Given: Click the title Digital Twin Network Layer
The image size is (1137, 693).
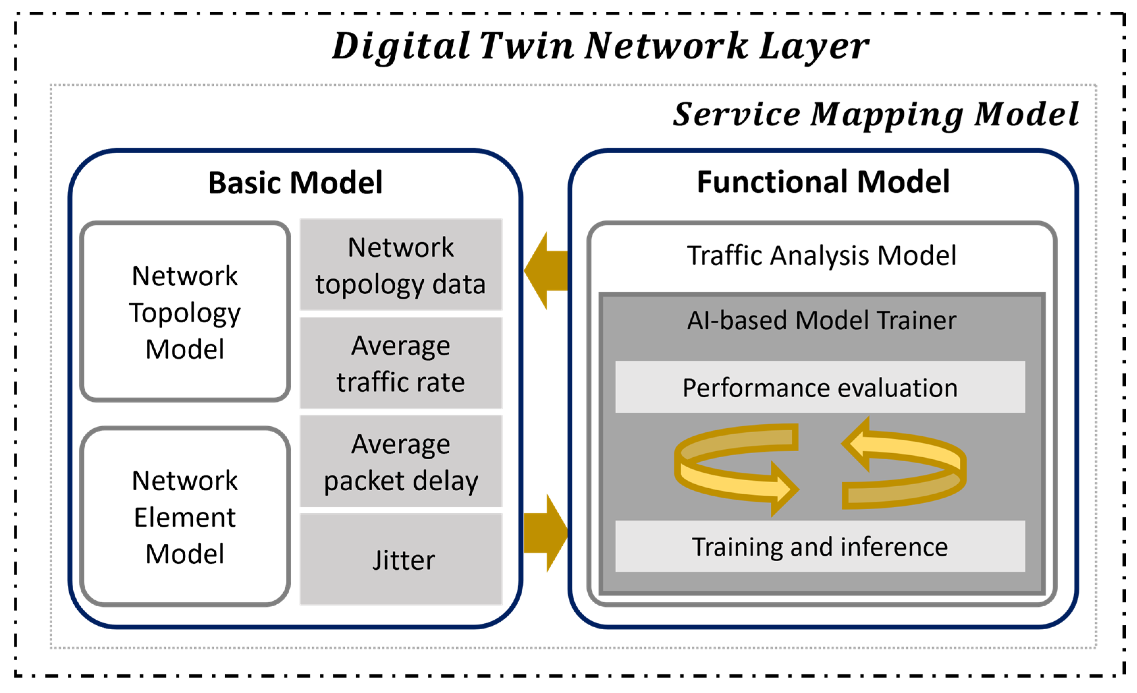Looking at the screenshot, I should pyautogui.click(x=600, y=46).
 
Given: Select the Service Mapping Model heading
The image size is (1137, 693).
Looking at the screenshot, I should pyautogui.click(x=875, y=114).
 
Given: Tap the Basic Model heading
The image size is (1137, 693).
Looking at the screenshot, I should pyautogui.click(x=295, y=182).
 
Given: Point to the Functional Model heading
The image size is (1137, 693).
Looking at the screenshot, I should pyautogui.click(x=823, y=182).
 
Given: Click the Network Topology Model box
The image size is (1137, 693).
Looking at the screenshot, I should pyautogui.click(x=185, y=312).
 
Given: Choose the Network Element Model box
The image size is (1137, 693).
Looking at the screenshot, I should pyautogui.click(x=185, y=516).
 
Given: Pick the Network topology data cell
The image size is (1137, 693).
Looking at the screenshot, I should pyautogui.click(x=400, y=265).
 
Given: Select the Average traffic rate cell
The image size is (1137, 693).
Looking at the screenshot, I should pyautogui.click(x=400, y=363).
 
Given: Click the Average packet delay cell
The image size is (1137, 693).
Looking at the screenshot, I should pyautogui.click(x=400, y=462).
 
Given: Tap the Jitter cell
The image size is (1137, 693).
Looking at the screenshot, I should pyautogui.click(x=400, y=560).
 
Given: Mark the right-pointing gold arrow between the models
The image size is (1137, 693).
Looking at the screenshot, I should pyautogui.click(x=546, y=533).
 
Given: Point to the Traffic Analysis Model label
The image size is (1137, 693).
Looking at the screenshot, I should pyautogui.click(x=821, y=256).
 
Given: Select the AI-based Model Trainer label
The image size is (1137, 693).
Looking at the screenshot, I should pyautogui.click(x=821, y=320).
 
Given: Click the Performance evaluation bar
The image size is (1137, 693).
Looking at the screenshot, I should pyautogui.click(x=820, y=387).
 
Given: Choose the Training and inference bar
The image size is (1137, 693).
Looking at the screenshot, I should pyautogui.click(x=820, y=547).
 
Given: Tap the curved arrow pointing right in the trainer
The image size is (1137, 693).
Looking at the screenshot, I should pyautogui.click(x=734, y=475).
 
